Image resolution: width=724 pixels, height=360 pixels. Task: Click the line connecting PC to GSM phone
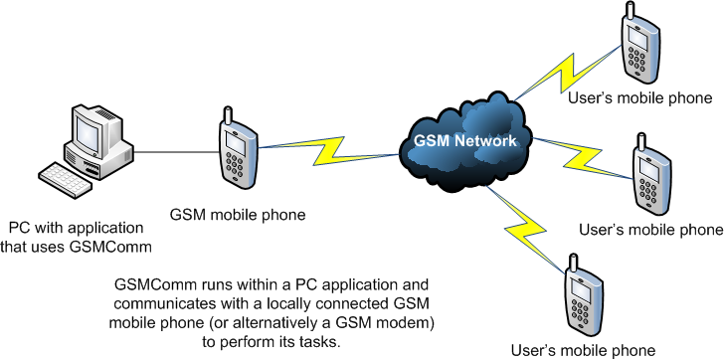point(175,152)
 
